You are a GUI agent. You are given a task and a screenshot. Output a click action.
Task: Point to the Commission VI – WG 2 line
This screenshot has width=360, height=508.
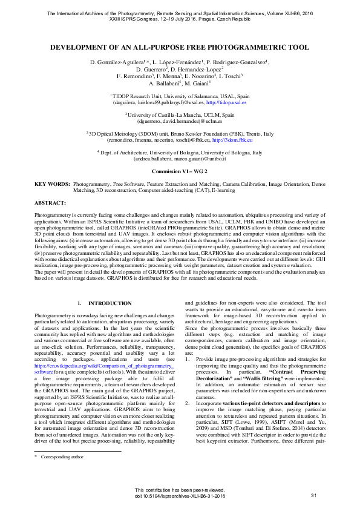pos(180,172)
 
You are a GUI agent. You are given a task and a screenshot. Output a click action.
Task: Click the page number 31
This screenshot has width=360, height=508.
pos(313,496)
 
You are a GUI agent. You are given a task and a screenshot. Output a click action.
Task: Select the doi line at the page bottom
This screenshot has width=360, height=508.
pos(180,496)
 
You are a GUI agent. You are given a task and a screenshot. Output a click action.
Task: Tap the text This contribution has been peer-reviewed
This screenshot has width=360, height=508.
pos(180,489)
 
